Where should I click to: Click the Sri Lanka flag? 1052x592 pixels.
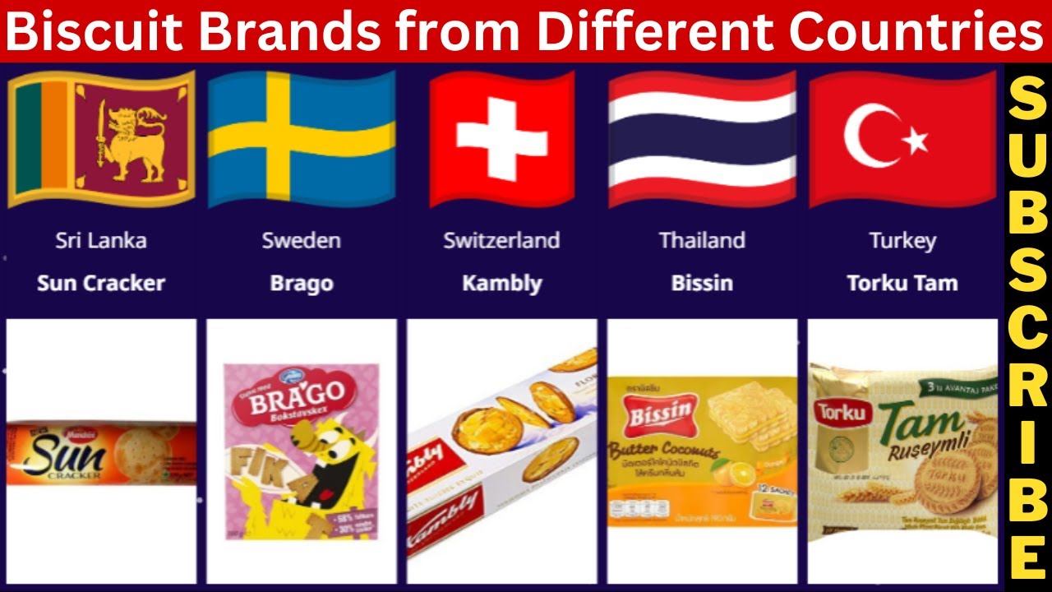point(101,138)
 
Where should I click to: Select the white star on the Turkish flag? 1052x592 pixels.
point(915,141)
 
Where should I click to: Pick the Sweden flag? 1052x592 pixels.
point(302,138)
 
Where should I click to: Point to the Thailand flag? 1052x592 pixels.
point(702,138)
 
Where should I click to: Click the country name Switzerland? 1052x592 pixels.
point(501,240)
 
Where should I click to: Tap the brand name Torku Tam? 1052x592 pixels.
point(902,284)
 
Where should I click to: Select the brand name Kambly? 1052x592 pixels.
point(501,284)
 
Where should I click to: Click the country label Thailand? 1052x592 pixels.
point(702,240)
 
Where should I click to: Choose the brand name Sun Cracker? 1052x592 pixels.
point(101,284)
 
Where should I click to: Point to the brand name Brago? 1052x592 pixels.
point(302,284)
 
